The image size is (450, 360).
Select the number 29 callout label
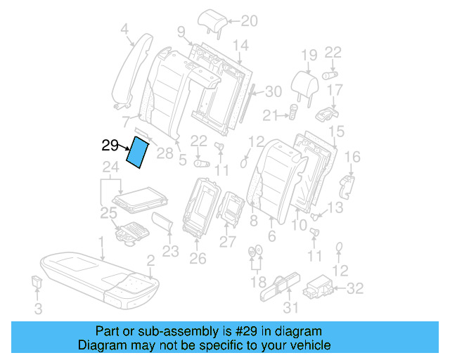click(x=110, y=146)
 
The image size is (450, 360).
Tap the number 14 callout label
click(x=240, y=46)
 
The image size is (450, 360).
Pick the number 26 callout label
click(x=198, y=259)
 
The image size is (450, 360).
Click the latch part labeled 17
click(x=325, y=112)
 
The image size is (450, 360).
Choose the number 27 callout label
click(x=227, y=242)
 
